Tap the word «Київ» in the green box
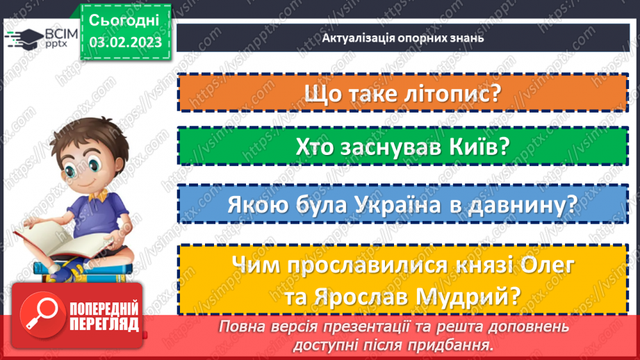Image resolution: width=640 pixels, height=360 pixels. [482, 147]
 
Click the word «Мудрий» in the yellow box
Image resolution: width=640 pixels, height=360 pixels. [468, 297]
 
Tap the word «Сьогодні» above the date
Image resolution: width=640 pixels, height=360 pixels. [124, 20]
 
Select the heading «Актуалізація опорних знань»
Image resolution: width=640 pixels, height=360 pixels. [402, 38]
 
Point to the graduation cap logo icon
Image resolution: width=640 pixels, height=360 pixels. [23, 39]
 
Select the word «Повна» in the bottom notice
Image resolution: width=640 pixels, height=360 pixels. [242, 326]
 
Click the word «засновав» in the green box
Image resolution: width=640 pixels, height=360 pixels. [397, 147]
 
